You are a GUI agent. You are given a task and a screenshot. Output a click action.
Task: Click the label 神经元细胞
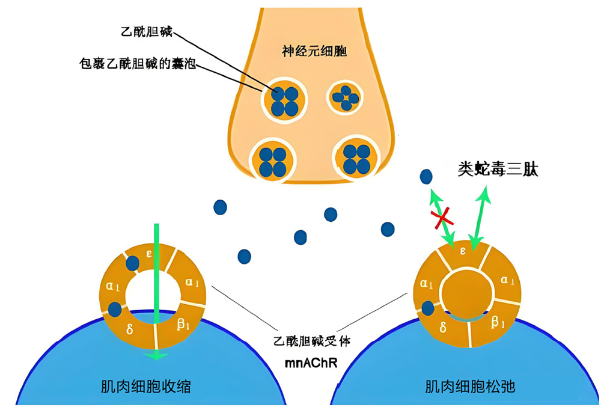click(x=314, y=51)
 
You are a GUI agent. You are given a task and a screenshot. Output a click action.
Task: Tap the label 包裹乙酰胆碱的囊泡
click(x=138, y=63)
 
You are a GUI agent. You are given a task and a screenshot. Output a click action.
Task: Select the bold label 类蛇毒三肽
click(x=498, y=169)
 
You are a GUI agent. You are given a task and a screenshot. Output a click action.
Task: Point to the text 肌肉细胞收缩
click(x=145, y=387)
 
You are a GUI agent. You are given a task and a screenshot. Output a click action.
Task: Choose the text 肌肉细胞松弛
click(x=470, y=387)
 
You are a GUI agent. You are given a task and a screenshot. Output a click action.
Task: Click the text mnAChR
click(x=311, y=363)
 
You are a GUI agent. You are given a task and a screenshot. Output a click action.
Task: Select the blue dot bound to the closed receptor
click(x=428, y=308)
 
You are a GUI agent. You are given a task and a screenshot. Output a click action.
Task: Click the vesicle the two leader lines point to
click(x=284, y=101)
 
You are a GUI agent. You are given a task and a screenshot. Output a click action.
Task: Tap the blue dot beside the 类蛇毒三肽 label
click(x=426, y=177)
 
